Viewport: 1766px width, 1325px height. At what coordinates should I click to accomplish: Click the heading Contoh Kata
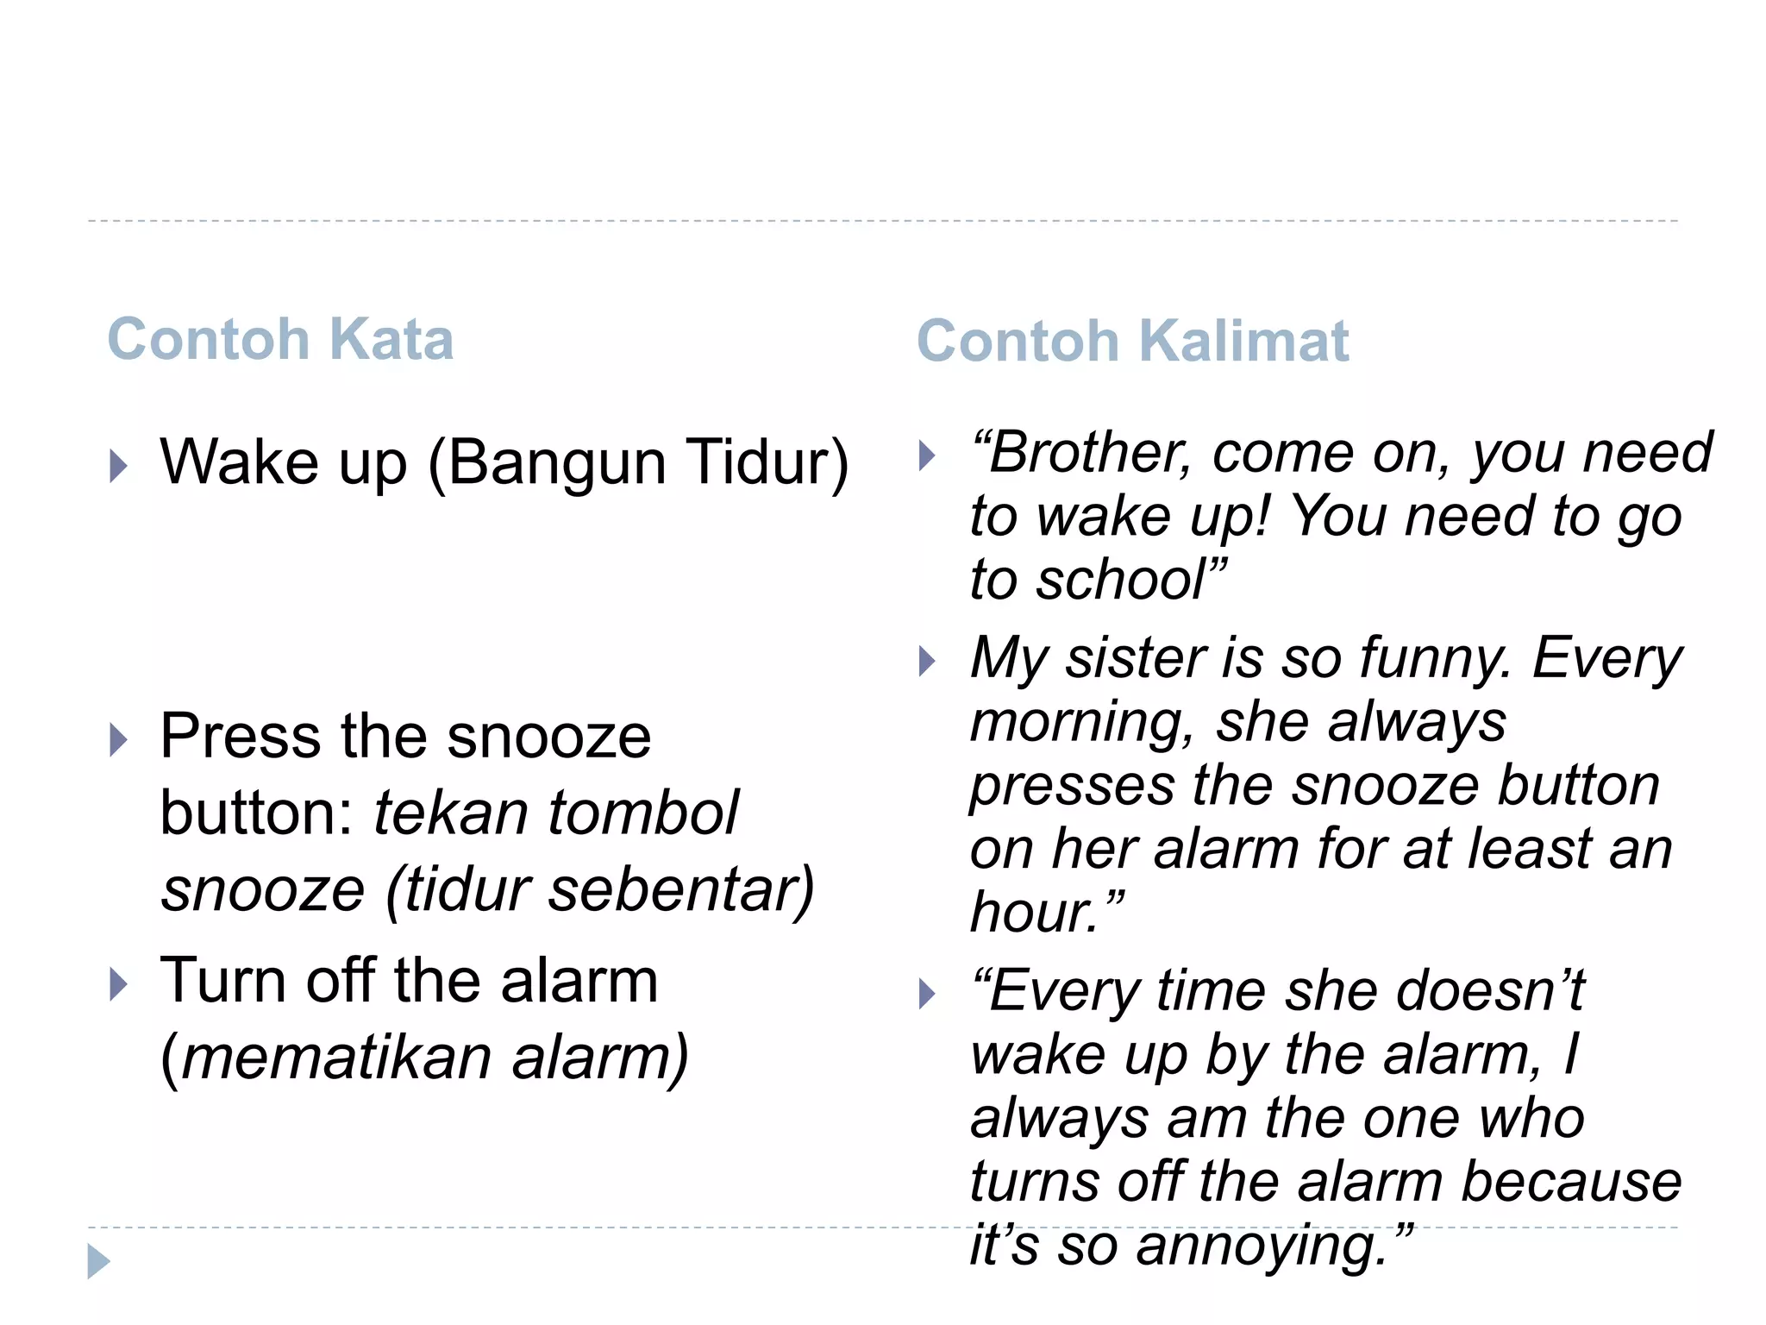point(280,339)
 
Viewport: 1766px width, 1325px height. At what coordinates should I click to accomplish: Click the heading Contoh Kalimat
point(1132,341)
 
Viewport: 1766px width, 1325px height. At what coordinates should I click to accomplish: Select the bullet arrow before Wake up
point(118,466)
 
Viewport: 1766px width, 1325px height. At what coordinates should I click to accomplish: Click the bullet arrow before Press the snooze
point(118,740)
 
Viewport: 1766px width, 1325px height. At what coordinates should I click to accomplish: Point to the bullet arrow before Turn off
point(118,984)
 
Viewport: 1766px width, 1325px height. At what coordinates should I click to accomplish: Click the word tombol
point(643,813)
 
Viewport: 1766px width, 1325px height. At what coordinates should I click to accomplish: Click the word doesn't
point(1491,990)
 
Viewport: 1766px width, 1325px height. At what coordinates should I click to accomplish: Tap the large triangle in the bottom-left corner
point(98,1262)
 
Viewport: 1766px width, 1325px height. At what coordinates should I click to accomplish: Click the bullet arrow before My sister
point(927,662)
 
